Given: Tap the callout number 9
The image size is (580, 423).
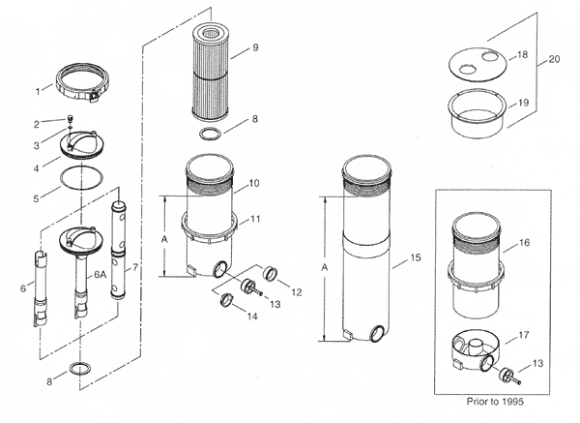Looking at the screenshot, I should pos(254,46).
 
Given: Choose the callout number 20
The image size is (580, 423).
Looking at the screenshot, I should pos(553,59).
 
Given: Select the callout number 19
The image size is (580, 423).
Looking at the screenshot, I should pos(522,101).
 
